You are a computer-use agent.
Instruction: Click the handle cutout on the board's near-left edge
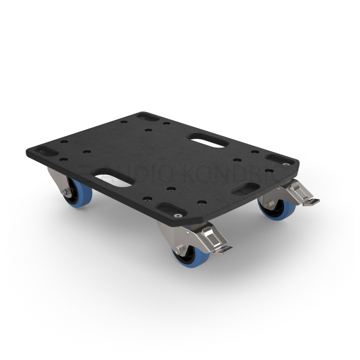tap(113, 178)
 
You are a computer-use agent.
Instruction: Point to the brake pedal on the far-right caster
tap(311, 201)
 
